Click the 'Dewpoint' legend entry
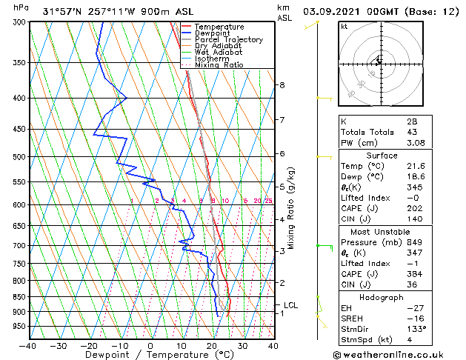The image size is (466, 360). [x=213, y=33]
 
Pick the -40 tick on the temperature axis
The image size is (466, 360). [x=28, y=345]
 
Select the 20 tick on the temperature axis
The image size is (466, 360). [x=213, y=345]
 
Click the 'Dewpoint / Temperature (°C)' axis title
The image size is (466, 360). [x=150, y=355]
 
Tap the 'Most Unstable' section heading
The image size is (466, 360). [x=382, y=231]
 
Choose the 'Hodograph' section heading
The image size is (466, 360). [x=382, y=297]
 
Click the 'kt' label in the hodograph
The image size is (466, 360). [x=344, y=27]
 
